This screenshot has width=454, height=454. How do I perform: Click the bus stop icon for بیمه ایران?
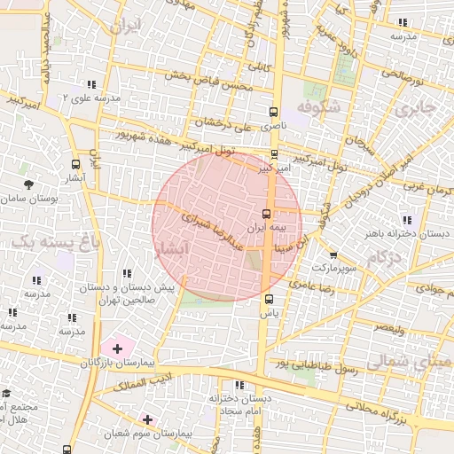pyautogui.click(x=267, y=214)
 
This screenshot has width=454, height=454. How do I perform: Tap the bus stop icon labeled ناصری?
pyautogui.click(x=273, y=113)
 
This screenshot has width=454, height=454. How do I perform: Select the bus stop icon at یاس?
pyautogui.click(x=269, y=299)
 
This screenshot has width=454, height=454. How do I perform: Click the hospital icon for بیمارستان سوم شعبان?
pyautogui.click(x=147, y=419)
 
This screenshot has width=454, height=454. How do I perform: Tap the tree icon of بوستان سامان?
pyautogui.click(x=29, y=184)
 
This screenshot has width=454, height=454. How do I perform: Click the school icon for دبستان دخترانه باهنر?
pyautogui.click(x=407, y=220)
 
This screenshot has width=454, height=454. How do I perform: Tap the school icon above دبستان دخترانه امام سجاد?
pyautogui.click(x=239, y=385)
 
